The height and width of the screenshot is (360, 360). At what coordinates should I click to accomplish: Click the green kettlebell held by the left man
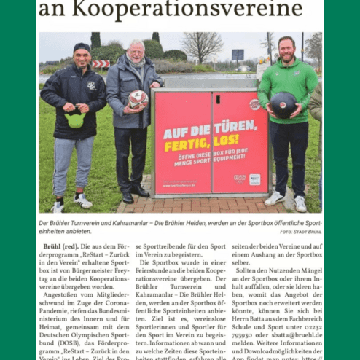pyautogui.click(x=76, y=119)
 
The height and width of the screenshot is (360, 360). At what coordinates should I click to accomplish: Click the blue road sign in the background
pyautogui.click(x=238, y=54)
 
